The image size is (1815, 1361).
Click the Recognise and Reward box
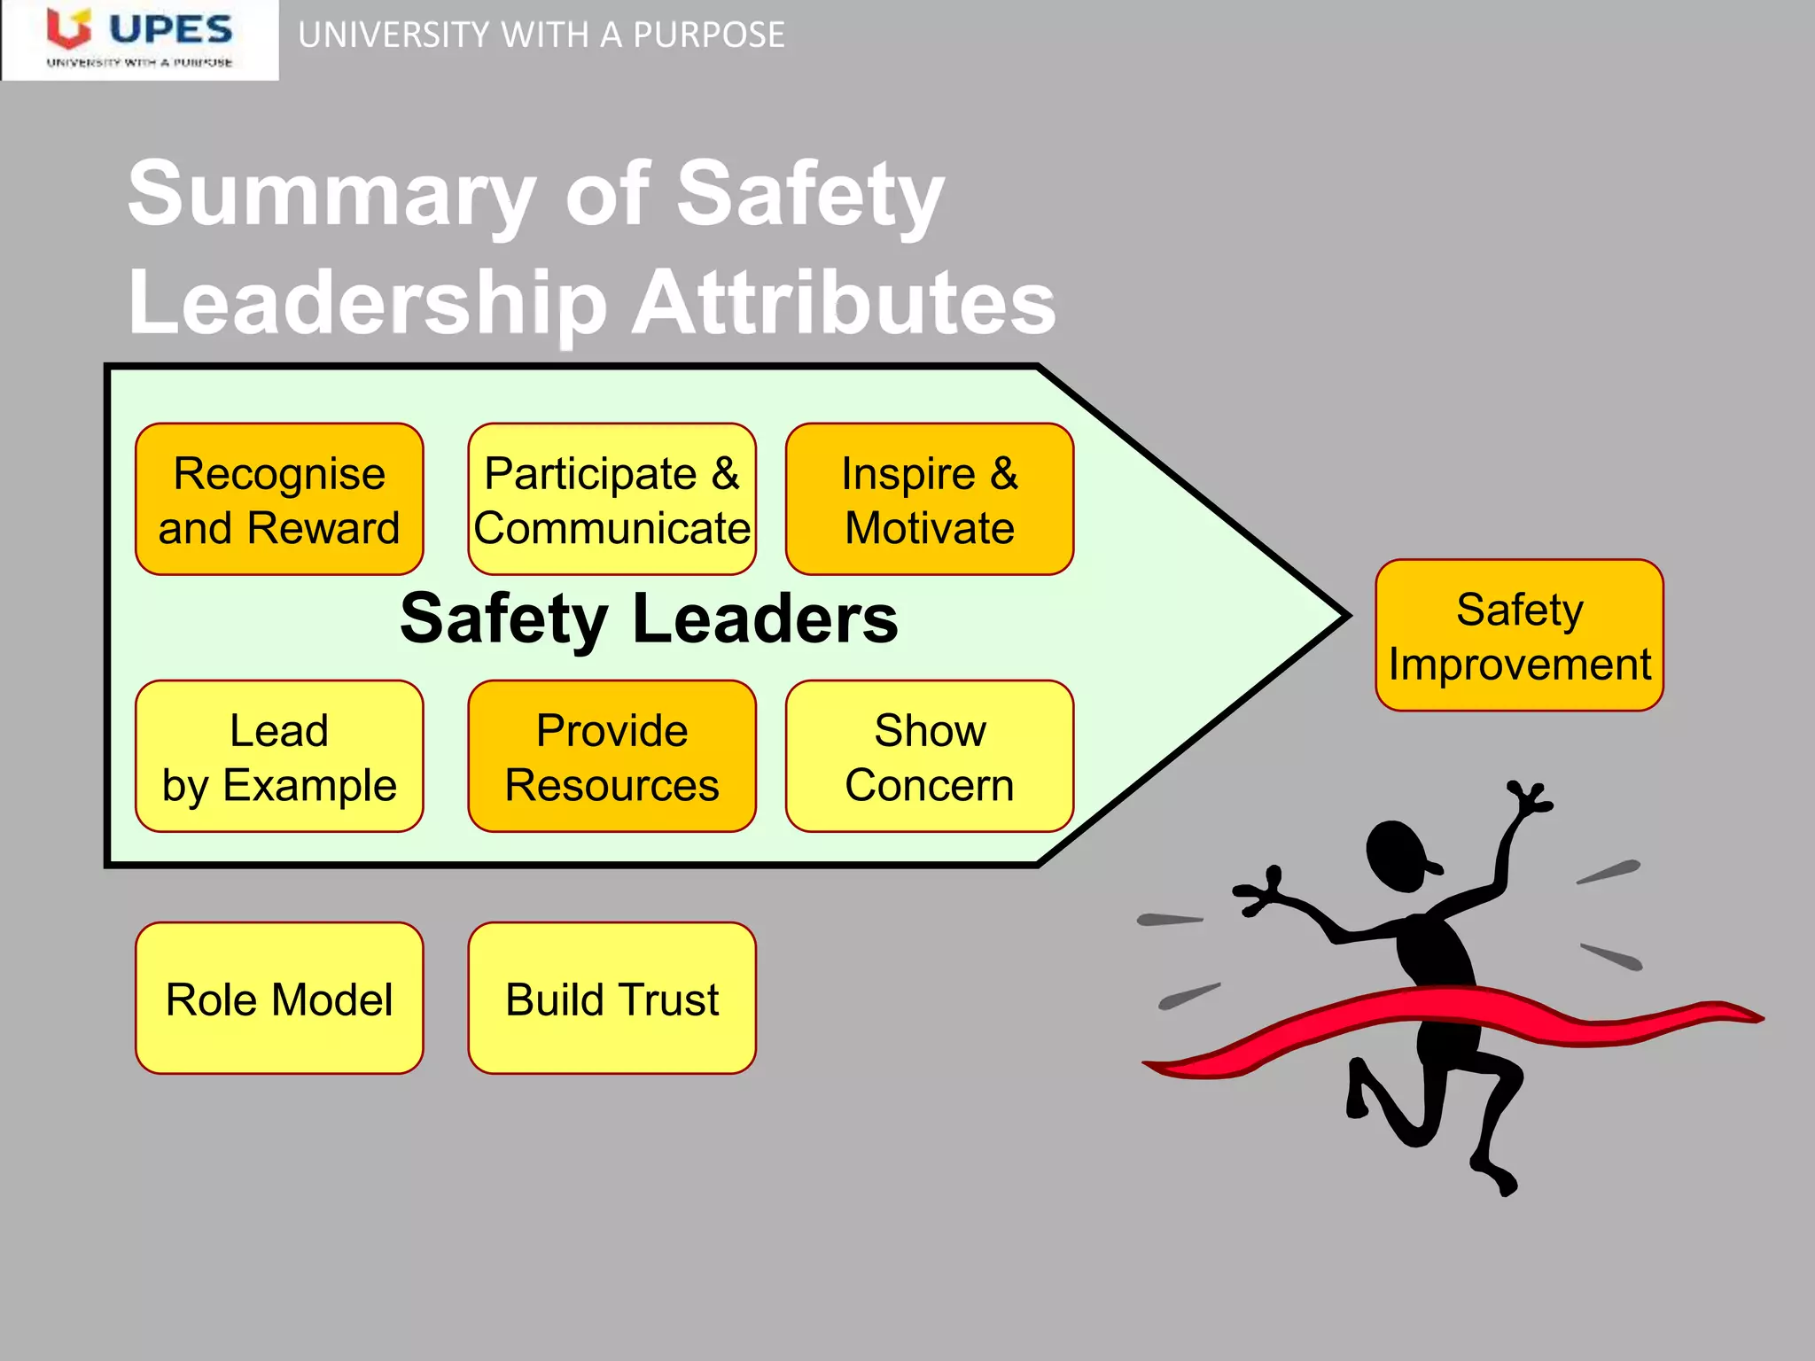click(x=279, y=500)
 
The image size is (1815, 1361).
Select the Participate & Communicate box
click(x=611, y=500)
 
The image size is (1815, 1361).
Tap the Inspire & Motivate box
click(x=930, y=500)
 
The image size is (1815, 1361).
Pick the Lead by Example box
click(x=279, y=757)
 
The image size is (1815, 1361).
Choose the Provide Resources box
click(x=611, y=757)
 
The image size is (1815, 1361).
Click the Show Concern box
click(x=930, y=757)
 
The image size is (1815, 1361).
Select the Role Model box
click(x=279, y=999)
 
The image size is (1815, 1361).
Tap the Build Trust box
click(x=611, y=999)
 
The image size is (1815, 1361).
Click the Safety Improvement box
click(x=1519, y=635)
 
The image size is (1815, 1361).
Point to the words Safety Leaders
click(x=649, y=618)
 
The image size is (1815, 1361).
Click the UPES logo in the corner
click(x=140, y=40)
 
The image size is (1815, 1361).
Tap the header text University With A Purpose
click(x=541, y=35)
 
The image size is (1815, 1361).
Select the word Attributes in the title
click(x=844, y=303)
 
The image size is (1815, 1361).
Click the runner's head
click(x=1398, y=855)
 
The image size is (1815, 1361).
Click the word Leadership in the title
click(x=368, y=303)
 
